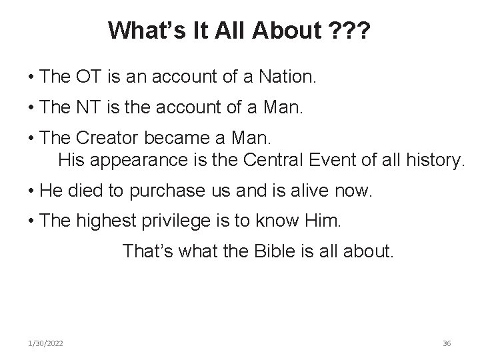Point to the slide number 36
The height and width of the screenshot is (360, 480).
tap(447, 343)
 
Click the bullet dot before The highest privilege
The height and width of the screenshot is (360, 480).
tap(32, 222)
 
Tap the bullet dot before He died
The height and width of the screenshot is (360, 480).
tap(32, 191)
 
